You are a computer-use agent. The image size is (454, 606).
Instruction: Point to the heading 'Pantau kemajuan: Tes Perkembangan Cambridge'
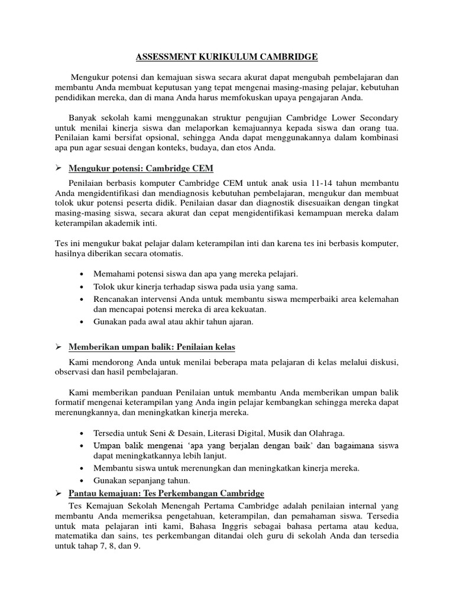[x=167, y=493]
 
